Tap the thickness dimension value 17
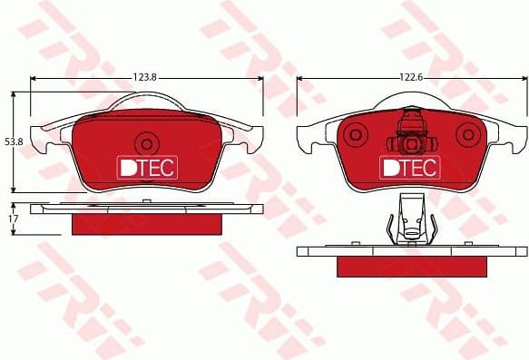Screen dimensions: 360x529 [x=13, y=219]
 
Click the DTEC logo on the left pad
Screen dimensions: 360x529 [x=147, y=167]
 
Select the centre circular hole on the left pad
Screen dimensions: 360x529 [x=145, y=142]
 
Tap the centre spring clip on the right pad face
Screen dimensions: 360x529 [x=410, y=136]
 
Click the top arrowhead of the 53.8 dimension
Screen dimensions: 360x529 [x=13, y=93]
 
